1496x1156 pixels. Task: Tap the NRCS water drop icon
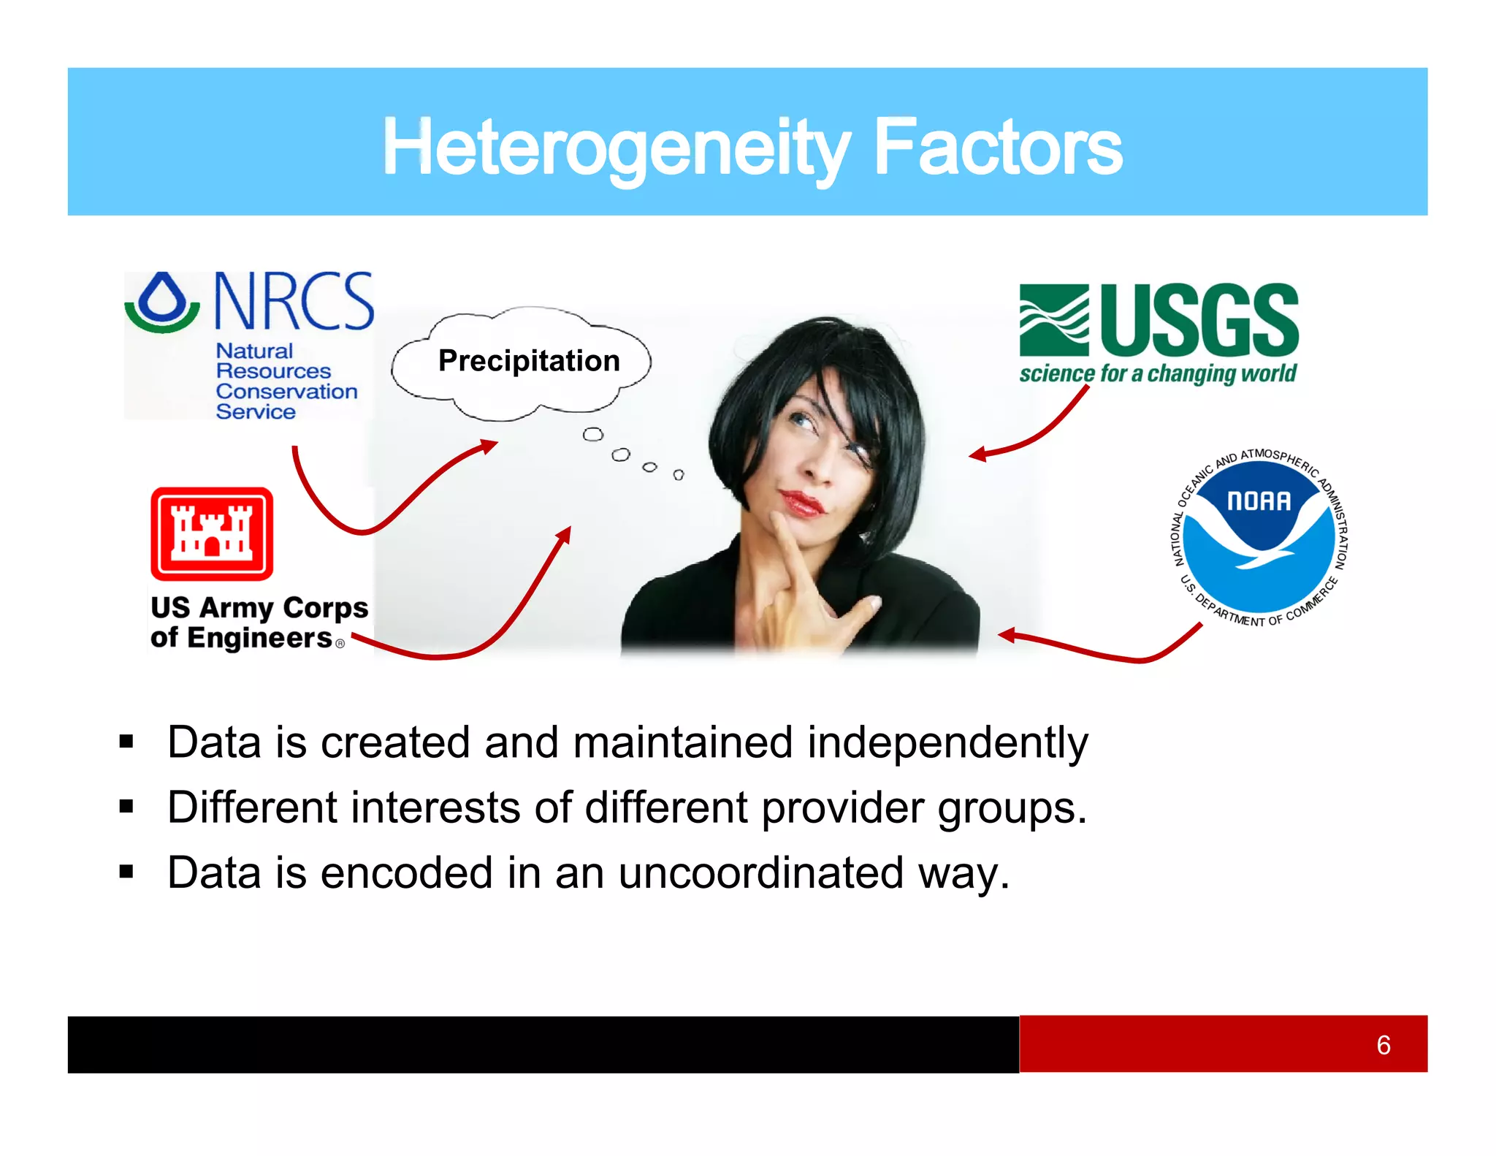(162, 301)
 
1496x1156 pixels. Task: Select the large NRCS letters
(294, 301)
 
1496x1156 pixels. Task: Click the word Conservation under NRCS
(286, 392)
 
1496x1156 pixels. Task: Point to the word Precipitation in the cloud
(529, 361)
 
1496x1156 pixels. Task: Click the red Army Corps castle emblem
(212, 533)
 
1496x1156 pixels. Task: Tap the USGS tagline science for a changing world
(1158, 374)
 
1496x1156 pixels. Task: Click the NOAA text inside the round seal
(1259, 501)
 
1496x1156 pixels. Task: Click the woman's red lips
(801, 502)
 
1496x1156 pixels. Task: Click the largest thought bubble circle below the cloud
(592, 435)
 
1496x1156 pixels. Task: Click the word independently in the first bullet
(947, 742)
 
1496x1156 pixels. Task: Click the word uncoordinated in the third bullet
(761, 872)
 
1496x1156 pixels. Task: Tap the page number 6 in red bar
(1383, 1045)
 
